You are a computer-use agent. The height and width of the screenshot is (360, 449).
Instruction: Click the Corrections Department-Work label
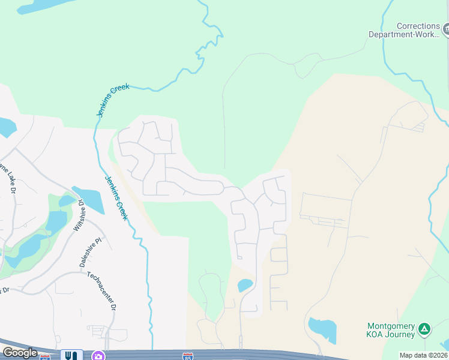click(x=406, y=30)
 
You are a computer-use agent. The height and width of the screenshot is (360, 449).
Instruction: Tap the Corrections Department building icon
click(x=446, y=28)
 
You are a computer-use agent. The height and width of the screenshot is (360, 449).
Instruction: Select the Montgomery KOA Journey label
click(x=391, y=330)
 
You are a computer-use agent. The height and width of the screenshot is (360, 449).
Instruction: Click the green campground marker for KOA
click(x=424, y=328)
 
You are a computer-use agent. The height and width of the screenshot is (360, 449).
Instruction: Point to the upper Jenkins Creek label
click(x=113, y=100)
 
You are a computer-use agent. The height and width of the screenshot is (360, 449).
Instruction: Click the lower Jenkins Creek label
click(x=116, y=197)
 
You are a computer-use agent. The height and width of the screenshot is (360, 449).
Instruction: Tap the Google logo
click(x=20, y=353)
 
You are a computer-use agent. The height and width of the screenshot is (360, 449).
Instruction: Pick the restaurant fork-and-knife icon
click(x=71, y=356)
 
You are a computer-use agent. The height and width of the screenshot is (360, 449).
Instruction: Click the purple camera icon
click(x=98, y=356)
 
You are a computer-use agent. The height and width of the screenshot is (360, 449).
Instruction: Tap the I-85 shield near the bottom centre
click(x=188, y=356)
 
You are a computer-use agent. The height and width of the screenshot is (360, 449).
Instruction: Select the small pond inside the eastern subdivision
click(x=245, y=285)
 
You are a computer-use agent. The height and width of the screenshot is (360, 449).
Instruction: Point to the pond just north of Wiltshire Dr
click(x=88, y=199)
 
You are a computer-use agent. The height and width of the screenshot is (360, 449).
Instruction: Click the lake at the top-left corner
click(x=36, y=7)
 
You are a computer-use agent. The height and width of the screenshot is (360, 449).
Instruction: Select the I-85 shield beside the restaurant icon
click(x=45, y=357)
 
